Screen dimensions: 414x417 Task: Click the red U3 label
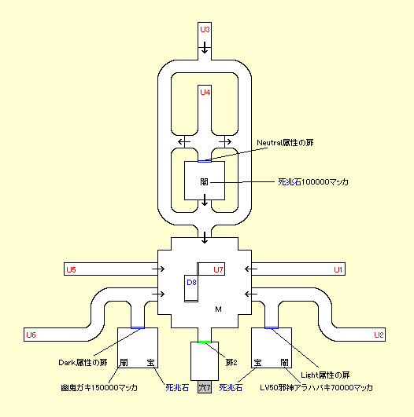205,30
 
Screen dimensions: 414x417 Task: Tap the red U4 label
205,93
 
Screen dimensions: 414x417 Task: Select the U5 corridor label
71,269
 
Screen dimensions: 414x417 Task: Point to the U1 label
338,269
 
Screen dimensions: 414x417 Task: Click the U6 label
31,335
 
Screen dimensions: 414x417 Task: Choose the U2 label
379,335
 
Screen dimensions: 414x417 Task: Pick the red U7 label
218,269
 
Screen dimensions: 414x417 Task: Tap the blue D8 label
191,282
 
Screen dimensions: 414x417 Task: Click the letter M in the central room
218,309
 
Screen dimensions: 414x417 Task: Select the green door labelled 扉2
205,342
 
